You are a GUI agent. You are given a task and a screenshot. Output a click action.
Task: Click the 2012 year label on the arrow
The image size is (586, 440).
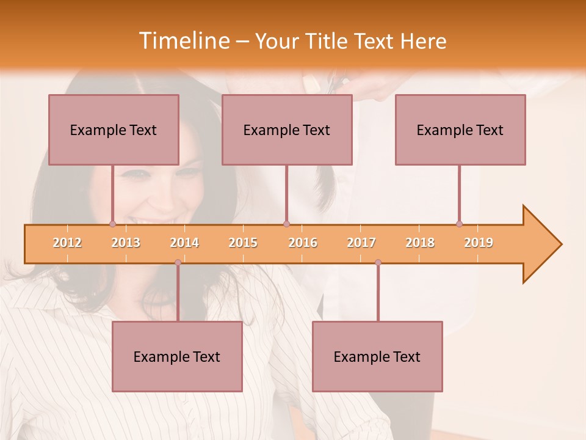[67, 243]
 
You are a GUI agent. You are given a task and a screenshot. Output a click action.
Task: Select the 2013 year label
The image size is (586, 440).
[126, 243]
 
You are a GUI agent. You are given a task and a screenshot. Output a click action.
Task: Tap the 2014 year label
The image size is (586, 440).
[184, 243]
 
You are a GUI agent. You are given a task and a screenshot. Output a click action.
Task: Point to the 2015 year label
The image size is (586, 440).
[243, 243]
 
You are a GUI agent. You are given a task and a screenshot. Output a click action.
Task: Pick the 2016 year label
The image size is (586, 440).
[303, 243]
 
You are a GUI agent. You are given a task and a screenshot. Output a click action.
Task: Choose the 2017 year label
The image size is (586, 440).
[361, 243]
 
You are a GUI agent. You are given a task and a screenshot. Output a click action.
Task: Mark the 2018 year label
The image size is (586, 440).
[420, 243]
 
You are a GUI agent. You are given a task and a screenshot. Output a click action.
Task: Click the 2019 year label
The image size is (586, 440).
[479, 243]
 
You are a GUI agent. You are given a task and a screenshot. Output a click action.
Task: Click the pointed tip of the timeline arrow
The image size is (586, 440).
[560, 244]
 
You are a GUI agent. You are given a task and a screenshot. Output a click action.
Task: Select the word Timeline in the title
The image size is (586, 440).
[183, 41]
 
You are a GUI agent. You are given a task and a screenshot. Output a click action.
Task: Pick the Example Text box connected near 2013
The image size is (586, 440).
[114, 130]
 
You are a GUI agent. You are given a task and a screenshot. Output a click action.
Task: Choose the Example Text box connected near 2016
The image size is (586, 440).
[287, 130]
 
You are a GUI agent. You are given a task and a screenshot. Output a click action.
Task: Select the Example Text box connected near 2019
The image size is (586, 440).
[460, 130]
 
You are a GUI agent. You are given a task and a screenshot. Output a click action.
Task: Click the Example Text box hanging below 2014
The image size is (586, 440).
[177, 356]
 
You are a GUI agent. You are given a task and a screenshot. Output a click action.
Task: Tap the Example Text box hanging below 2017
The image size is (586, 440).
[377, 356]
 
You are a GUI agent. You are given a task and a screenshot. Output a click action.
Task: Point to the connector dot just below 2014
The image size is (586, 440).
[178, 262]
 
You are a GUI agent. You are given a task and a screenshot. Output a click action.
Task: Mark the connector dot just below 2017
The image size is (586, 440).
[378, 262]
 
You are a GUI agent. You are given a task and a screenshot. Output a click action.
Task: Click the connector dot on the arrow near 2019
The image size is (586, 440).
[459, 224]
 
